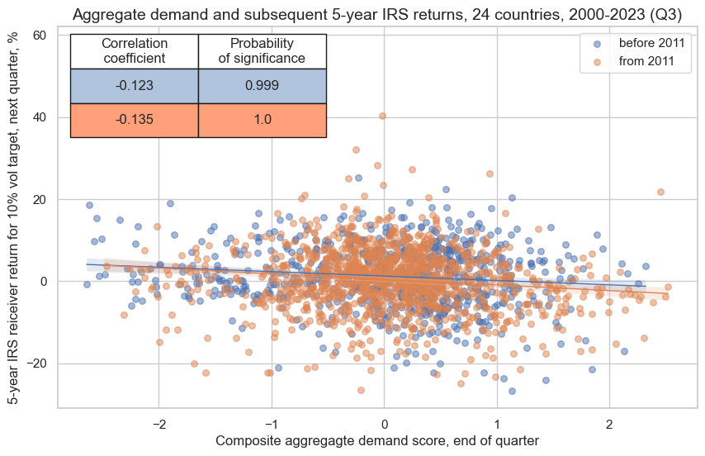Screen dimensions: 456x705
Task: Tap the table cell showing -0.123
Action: tap(135, 85)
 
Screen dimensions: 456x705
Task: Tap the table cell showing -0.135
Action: tap(135, 120)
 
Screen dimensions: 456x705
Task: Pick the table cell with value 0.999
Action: tap(263, 85)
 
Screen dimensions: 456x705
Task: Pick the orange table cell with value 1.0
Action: tap(263, 120)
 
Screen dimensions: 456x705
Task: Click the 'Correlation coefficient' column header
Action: tap(135, 50)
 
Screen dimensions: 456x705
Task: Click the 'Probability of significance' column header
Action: tap(263, 50)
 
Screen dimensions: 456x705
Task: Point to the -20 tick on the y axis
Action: tap(37, 363)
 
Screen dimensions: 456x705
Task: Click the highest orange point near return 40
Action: tap(382, 116)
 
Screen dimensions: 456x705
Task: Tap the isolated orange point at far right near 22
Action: tap(660, 192)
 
